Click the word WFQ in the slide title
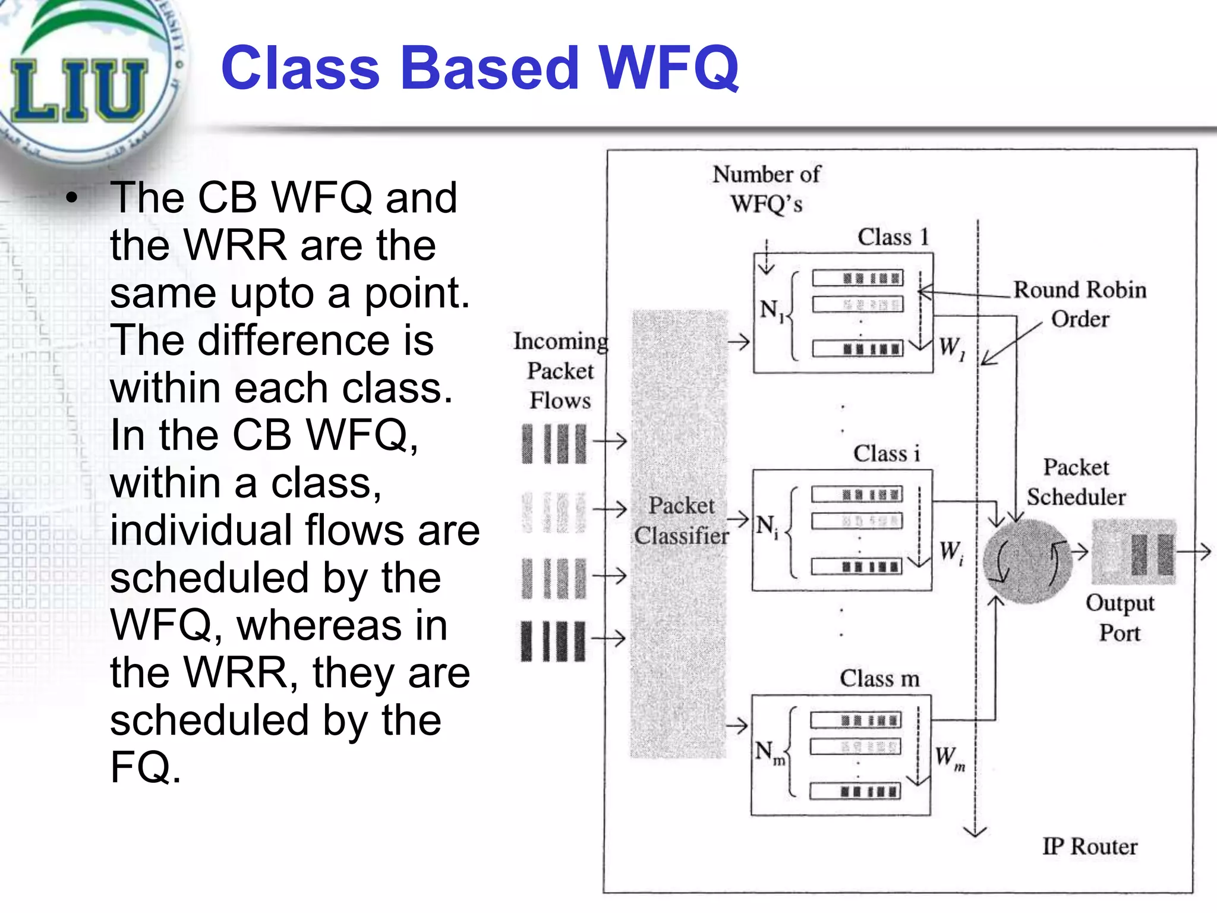pos(668,68)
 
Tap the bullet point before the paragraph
pos(72,199)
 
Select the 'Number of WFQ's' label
pos(767,189)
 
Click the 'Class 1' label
pos(893,237)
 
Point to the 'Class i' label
pos(886,454)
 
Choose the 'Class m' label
pos(879,678)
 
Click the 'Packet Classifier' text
pos(681,521)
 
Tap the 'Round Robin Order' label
pos(1079,304)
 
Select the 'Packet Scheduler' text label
pos(1076,482)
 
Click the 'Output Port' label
pos(1120,618)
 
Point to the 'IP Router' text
pos(1089,846)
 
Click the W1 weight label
pos(951,347)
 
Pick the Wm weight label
pos(949,758)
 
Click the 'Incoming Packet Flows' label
pos(560,370)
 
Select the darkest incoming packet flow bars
pos(553,641)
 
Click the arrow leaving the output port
pos(1194,552)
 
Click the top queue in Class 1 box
pos(857,278)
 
